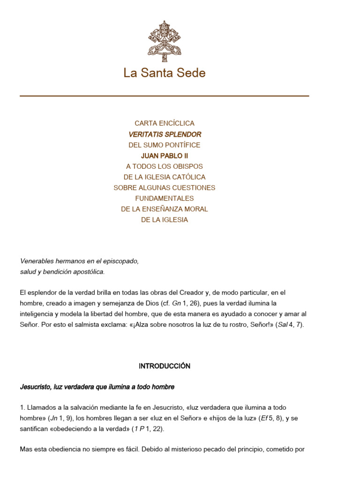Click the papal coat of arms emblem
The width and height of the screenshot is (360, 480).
(x=165, y=41)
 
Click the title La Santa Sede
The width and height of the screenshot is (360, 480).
(x=165, y=73)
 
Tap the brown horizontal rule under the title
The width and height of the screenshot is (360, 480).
(x=165, y=96)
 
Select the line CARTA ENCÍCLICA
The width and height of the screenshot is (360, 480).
(x=165, y=123)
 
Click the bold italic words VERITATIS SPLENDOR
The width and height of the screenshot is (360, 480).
(x=165, y=134)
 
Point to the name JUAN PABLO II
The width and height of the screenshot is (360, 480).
(x=165, y=156)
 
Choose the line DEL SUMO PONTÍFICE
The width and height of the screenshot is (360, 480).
(x=165, y=145)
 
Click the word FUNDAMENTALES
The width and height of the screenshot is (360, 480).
(x=165, y=198)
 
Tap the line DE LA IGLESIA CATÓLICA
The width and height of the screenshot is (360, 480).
(x=165, y=177)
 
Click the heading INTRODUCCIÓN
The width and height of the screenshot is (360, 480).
(x=165, y=366)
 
